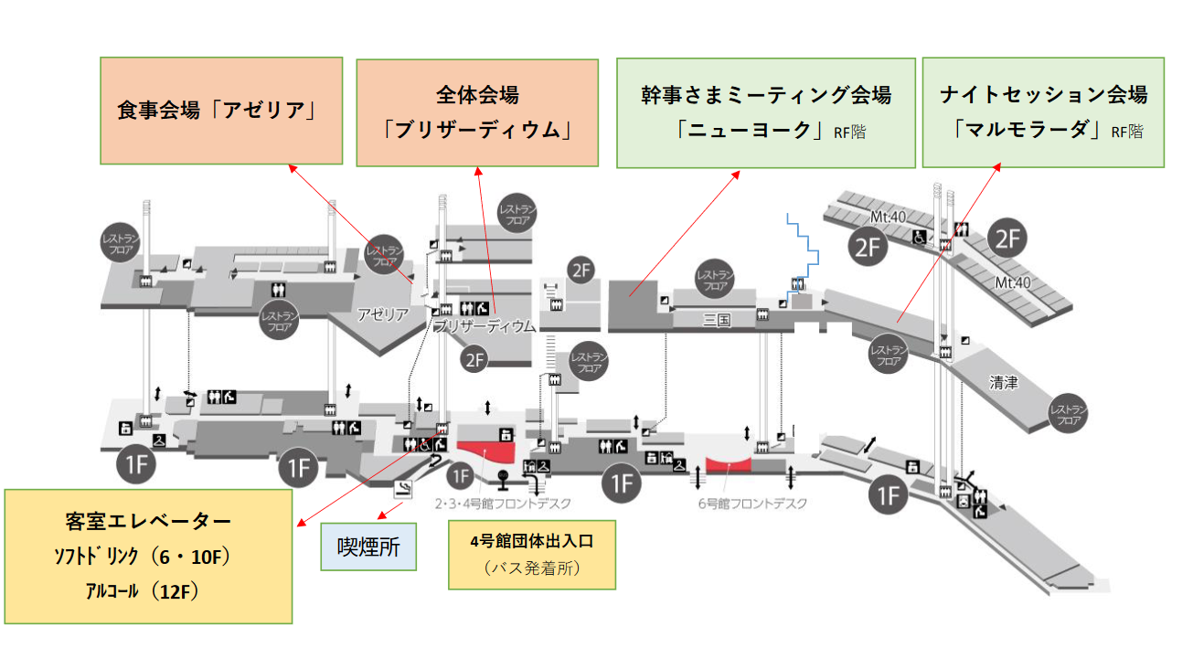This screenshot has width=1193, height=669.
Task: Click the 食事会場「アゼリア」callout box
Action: (x=220, y=111)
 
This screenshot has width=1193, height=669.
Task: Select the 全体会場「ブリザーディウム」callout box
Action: (x=476, y=112)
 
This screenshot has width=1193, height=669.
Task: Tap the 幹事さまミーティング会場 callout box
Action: (x=766, y=112)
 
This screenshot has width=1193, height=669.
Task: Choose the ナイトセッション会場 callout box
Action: (x=1043, y=112)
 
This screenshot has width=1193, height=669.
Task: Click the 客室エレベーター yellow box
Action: (x=149, y=556)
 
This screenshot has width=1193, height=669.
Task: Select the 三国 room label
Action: (x=718, y=320)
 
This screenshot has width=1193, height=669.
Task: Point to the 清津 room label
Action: (x=1004, y=383)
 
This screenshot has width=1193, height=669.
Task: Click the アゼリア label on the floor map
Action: (x=383, y=314)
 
